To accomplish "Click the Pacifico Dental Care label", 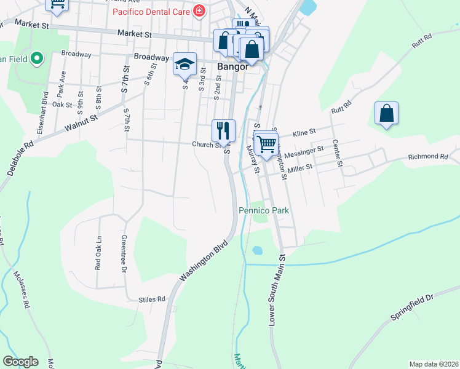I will [151, 12].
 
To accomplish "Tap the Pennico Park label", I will [264, 210].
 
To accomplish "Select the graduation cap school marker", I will [184, 64].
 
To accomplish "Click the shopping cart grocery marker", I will [266, 145].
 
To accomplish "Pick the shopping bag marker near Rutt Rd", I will [386, 113].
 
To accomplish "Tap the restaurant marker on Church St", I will [223, 130].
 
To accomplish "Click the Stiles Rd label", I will [153, 300].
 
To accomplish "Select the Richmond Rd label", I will [428, 157].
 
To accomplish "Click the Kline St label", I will [304, 132].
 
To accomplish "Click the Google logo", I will [20, 362].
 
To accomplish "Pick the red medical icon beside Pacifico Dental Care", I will [199, 11].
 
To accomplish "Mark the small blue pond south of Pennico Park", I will [256, 250].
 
